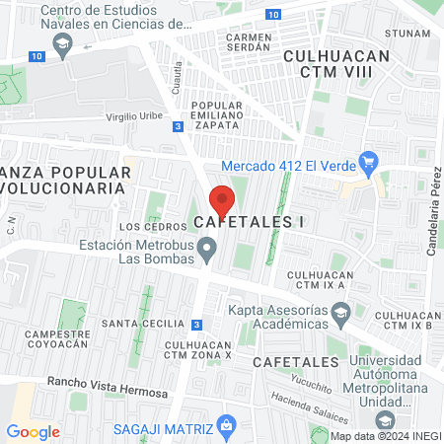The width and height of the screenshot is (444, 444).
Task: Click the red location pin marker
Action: [223, 200]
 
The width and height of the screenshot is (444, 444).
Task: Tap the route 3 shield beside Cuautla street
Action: [177, 126]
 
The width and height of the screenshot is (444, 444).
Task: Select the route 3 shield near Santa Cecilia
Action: [197, 324]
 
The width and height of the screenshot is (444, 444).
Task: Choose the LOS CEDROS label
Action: [139, 226]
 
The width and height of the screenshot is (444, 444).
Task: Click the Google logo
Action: [33, 432]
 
